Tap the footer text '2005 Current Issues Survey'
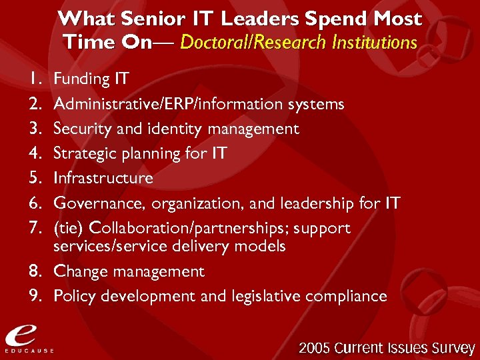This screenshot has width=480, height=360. click(387, 348)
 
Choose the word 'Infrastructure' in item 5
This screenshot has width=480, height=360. click(103, 178)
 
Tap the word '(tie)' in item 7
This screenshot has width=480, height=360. click(69, 228)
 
